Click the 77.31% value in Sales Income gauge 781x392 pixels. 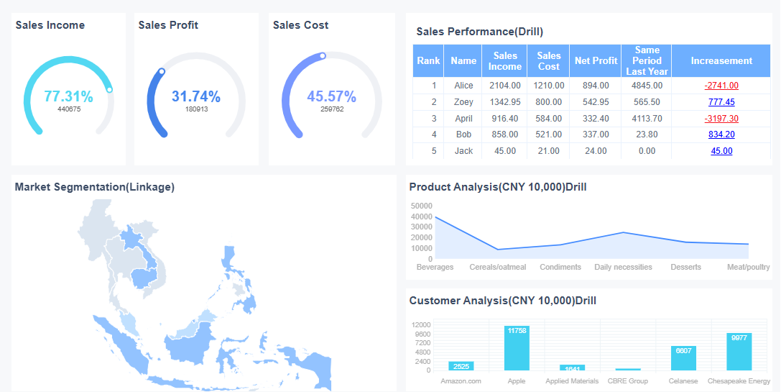coord(68,96)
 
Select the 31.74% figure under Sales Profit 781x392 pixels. coord(196,96)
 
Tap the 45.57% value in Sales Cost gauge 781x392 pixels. coord(331,96)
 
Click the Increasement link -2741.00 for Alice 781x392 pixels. coord(721,86)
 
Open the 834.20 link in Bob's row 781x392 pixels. coord(721,135)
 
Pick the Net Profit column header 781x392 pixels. coord(596,61)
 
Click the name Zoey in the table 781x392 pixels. coord(463,102)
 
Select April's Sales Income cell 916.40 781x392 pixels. coord(504,119)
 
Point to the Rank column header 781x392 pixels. coord(428,61)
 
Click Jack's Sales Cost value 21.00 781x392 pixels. coord(548,151)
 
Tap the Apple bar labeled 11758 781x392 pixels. coord(517,349)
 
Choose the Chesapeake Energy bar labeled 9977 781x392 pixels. coord(739,352)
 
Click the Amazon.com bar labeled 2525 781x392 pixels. coord(461,366)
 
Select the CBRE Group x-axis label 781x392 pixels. coord(628,381)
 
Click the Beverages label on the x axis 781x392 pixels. coord(435,267)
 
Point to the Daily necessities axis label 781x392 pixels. coord(623,267)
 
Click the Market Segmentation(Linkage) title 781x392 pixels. coord(94,187)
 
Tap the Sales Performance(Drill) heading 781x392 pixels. coord(479,32)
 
